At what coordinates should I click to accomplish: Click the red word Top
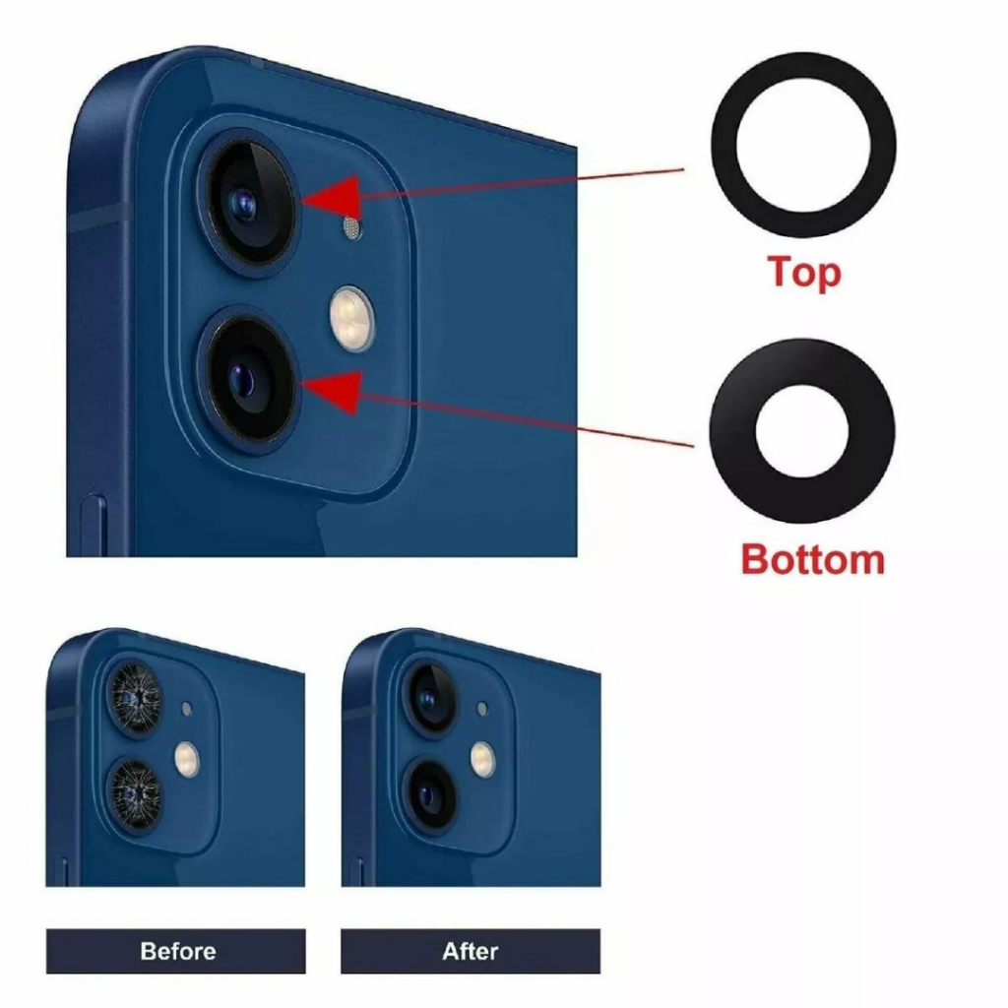(804, 273)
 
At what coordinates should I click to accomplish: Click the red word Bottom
(813, 559)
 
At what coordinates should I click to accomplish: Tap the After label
(471, 951)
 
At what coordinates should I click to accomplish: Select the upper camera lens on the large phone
(248, 203)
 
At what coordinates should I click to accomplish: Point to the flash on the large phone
(351, 319)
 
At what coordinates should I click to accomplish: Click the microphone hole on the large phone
(351, 227)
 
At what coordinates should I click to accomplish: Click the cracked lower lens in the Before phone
(135, 793)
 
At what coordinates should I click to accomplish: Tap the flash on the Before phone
(187, 759)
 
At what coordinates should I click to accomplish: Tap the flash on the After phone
(482, 759)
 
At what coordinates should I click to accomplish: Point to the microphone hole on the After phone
(482, 709)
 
